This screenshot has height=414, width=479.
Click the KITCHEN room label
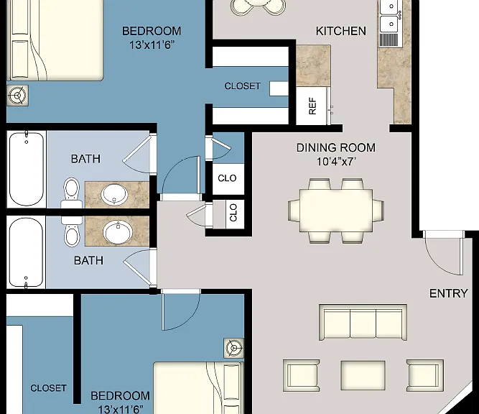(340, 31)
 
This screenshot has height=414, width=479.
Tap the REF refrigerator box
(312, 106)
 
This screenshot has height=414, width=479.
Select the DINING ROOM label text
(335, 147)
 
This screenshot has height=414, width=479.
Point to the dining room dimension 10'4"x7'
(335, 162)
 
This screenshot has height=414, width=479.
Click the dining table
(336, 210)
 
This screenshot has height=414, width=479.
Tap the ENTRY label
(448, 293)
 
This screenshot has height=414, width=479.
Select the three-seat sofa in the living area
(363, 322)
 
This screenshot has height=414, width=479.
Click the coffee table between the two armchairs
(363, 375)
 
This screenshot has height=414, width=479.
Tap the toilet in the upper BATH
(72, 193)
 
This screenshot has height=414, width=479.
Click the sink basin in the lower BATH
(118, 231)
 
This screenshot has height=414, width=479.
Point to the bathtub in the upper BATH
(27, 169)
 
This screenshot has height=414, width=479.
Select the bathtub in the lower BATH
(26, 252)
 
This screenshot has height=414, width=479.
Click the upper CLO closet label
(227, 178)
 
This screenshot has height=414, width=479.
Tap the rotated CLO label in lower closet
(233, 213)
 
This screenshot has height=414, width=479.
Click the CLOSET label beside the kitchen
(243, 86)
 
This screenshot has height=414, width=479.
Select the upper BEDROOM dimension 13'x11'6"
(152, 45)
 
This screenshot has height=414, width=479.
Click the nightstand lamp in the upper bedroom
(18, 96)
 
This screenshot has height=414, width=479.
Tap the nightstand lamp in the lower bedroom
(233, 348)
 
